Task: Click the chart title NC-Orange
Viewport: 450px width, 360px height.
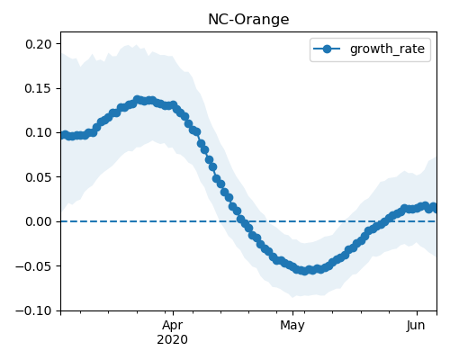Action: (248, 20)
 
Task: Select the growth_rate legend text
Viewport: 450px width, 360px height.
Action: (387, 49)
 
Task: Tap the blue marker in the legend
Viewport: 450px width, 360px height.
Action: (327, 49)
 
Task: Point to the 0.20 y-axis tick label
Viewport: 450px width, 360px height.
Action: (39, 44)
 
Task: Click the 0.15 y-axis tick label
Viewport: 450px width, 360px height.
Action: (39, 88)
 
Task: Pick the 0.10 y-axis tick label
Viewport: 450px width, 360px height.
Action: (39, 132)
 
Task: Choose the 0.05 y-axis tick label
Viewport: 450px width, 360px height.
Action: (39, 177)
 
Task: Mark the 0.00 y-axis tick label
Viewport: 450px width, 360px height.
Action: (39, 221)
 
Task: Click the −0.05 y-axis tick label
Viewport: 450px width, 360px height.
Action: (34, 266)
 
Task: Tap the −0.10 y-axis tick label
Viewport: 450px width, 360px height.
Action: (34, 310)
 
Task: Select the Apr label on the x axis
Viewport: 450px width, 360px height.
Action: (172, 326)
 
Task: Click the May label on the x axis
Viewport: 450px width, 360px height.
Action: (292, 326)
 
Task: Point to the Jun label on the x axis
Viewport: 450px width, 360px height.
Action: (416, 326)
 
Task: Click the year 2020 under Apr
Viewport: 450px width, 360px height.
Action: (172, 339)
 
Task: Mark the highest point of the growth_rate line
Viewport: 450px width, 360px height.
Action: (138, 99)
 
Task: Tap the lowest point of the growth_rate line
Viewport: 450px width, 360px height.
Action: (304, 271)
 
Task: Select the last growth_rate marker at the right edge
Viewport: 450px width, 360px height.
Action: (434, 207)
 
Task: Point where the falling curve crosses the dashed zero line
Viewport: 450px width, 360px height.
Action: (242, 221)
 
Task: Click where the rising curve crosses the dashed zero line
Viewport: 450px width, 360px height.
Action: (386, 221)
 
